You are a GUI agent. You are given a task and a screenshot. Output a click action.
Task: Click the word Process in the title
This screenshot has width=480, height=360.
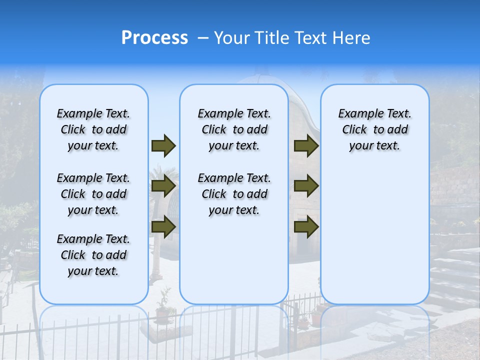point(154,38)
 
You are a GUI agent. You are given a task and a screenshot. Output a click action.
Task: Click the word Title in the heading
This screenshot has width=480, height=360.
point(270,38)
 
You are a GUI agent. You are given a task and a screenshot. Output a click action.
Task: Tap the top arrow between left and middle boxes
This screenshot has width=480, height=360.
point(163,145)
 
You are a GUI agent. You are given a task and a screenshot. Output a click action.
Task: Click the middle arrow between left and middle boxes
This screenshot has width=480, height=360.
point(163,186)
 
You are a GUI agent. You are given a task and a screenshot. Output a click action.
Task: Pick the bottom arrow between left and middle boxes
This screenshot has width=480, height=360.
point(163,226)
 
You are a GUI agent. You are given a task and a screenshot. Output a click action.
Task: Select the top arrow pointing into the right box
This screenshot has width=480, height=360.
point(306,145)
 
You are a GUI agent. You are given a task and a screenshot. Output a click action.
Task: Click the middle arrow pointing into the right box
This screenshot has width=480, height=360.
point(306,186)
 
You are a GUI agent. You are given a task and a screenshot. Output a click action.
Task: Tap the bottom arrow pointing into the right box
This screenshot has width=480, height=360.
point(306,226)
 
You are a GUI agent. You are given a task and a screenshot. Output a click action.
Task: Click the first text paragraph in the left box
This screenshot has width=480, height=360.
point(93,129)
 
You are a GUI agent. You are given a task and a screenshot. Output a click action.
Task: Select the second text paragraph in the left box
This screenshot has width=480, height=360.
point(93,194)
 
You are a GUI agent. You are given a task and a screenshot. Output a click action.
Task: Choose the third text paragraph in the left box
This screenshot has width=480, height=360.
point(93,255)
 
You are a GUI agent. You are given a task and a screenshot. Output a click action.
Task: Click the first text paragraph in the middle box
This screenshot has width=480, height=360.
point(234,129)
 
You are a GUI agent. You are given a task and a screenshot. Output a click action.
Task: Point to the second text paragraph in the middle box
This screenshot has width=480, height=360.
point(234,194)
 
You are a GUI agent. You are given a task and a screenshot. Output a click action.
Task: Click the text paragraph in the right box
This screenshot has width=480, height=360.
point(374,129)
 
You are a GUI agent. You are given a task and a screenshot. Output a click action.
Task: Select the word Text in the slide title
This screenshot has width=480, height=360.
point(309,38)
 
